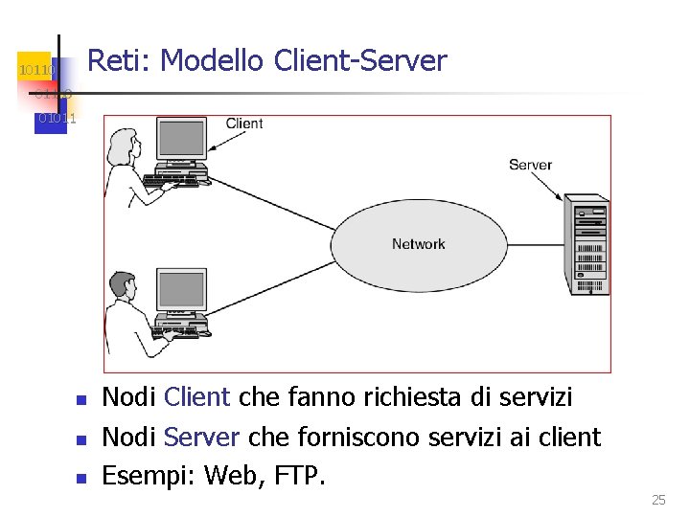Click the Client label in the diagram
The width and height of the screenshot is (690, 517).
(x=244, y=124)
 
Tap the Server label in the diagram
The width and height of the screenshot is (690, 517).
(x=530, y=165)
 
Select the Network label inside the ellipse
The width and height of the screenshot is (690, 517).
(x=419, y=244)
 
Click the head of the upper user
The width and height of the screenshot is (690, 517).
(x=125, y=145)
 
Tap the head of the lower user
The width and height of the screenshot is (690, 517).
(x=123, y=283)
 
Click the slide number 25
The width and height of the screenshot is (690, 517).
(x=657, y=500)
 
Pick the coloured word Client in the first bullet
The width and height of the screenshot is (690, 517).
(x=197, y=397)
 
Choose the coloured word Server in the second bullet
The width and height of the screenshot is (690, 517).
(x=202, y=438)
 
